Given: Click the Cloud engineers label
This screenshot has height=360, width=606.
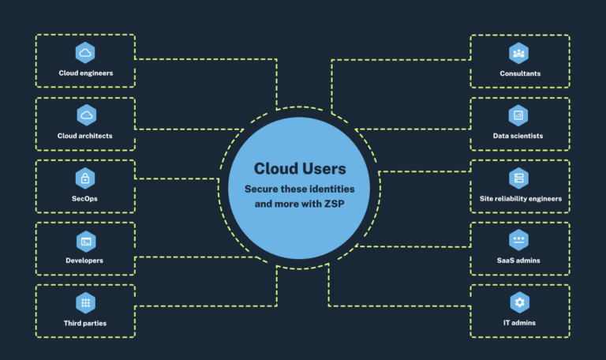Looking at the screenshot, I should [85, 73].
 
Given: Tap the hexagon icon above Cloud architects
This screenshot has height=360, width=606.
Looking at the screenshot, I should [85, 115].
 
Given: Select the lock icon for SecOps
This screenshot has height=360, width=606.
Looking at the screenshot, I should [85, 178].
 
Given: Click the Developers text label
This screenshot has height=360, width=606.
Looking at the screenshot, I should [85, 261].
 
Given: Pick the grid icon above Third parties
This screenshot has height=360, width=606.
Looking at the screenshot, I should [85, 302].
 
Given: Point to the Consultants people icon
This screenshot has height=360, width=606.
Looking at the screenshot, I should [518, 53].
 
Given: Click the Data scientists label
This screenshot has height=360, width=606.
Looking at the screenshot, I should [518, 136].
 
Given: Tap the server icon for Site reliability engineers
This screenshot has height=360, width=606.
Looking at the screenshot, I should [518, 178].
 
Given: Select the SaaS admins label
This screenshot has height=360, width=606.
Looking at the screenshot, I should [518, 261].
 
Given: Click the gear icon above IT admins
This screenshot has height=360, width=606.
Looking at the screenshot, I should [518, 302].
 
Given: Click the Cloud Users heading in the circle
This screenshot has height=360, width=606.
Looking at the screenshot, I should [299, 169].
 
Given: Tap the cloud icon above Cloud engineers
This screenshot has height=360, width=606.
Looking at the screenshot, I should [85, 53].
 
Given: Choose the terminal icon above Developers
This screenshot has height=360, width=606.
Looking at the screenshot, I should [85, 240].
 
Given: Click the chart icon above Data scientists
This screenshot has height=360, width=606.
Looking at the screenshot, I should [518, 115].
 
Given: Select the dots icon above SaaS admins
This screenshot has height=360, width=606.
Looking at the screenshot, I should [518, 240].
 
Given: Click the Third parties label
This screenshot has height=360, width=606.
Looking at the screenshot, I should [85, 323].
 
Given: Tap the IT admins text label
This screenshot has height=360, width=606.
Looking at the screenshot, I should [518, 323].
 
